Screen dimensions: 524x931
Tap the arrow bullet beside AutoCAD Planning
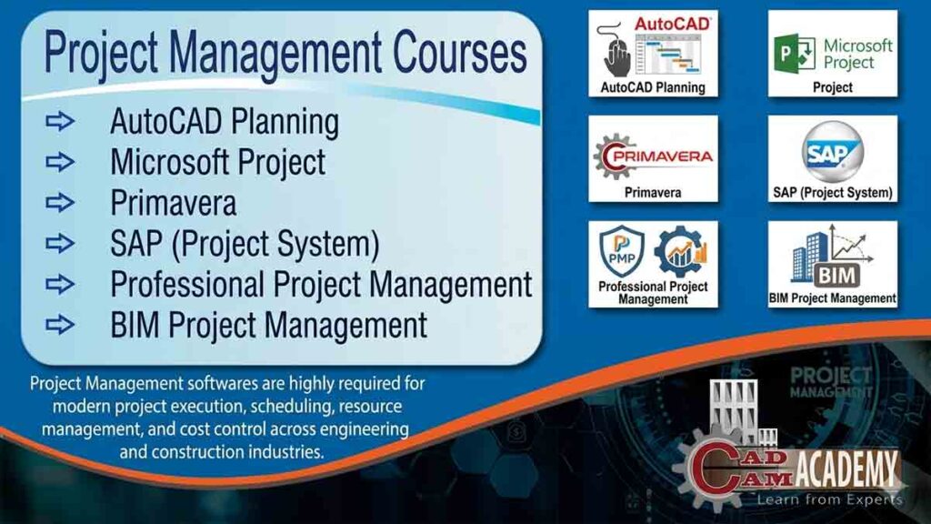[x=61, y=122]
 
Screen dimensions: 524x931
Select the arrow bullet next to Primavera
[x=61, y=202]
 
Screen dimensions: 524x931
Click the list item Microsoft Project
[x=217, y=162]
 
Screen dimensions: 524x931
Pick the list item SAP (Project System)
[x=245, y=243]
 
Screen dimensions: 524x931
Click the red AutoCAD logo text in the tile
[x=673, y=25]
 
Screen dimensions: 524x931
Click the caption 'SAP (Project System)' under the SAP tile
[x=833, y=193]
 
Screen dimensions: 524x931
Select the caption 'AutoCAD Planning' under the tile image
[x=653, y=88]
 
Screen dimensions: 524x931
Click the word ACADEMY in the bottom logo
[x=846, y=470]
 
